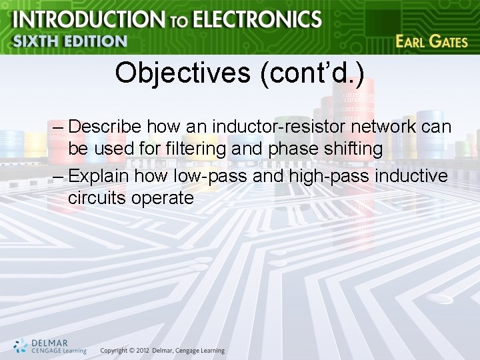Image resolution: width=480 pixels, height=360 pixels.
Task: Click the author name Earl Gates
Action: point(431,41)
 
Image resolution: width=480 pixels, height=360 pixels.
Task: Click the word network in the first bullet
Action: point(389,126)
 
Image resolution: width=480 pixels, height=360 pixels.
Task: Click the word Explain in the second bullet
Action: point(99,175)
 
